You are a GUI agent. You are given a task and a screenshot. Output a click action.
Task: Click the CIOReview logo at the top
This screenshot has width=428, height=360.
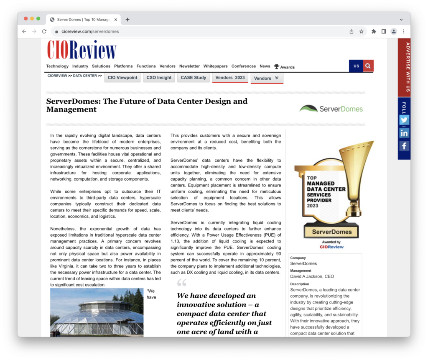82,50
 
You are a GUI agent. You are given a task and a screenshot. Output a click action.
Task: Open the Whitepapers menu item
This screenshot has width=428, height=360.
215,66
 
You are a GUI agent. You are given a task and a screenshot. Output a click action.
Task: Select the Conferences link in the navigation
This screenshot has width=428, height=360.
243,66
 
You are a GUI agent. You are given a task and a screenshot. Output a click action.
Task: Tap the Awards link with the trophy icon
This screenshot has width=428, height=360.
284,67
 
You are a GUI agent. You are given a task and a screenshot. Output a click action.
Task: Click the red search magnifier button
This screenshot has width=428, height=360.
368,66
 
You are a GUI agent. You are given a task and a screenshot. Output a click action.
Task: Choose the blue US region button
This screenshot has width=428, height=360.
356,66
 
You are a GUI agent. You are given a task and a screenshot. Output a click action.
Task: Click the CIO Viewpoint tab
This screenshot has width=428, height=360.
122,78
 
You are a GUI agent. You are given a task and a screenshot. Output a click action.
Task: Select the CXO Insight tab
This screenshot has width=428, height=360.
158,78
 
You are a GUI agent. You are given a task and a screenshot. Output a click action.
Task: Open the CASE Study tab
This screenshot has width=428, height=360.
194,78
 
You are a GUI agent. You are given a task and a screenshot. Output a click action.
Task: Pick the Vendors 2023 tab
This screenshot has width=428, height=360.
230,78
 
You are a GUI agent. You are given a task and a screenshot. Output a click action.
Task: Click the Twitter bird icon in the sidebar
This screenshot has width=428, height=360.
404,120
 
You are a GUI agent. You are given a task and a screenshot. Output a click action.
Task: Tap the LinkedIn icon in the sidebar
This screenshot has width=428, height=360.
404,133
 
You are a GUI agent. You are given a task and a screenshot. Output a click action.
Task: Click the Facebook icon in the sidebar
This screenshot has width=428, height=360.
404,146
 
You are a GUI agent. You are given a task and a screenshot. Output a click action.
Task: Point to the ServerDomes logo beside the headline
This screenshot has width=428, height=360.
331,109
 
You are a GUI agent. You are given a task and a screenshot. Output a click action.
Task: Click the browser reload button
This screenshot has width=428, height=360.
44,31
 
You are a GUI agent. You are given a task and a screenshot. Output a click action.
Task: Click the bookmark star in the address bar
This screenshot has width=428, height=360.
361,31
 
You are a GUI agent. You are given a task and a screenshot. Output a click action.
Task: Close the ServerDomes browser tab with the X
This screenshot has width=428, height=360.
116,19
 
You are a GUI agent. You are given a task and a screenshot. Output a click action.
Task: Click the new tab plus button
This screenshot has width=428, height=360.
127,19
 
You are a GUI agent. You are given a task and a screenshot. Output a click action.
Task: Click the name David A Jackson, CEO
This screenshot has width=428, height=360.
312,276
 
